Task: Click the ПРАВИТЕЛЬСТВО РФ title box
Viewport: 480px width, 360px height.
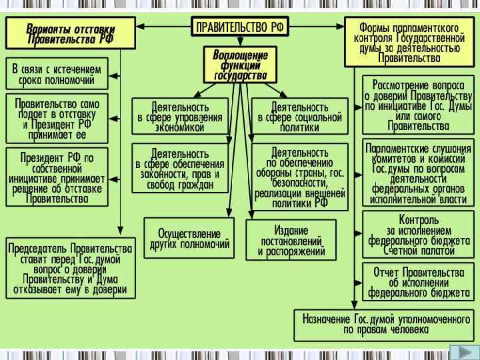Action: coord(240,27)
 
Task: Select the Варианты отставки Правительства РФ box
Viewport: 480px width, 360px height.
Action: coord(71,33)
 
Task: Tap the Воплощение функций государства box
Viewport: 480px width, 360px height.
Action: coord(240,65)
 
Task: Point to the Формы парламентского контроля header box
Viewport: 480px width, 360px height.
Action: coord(409,41)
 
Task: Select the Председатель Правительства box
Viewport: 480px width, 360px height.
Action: coord(70,268)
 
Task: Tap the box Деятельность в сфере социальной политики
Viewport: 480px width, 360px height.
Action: coord(300,117)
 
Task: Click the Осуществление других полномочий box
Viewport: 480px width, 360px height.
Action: coord(190,238)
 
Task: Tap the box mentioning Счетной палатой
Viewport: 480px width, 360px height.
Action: coord(418,235)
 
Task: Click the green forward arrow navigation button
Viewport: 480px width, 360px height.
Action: coord(459,352)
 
